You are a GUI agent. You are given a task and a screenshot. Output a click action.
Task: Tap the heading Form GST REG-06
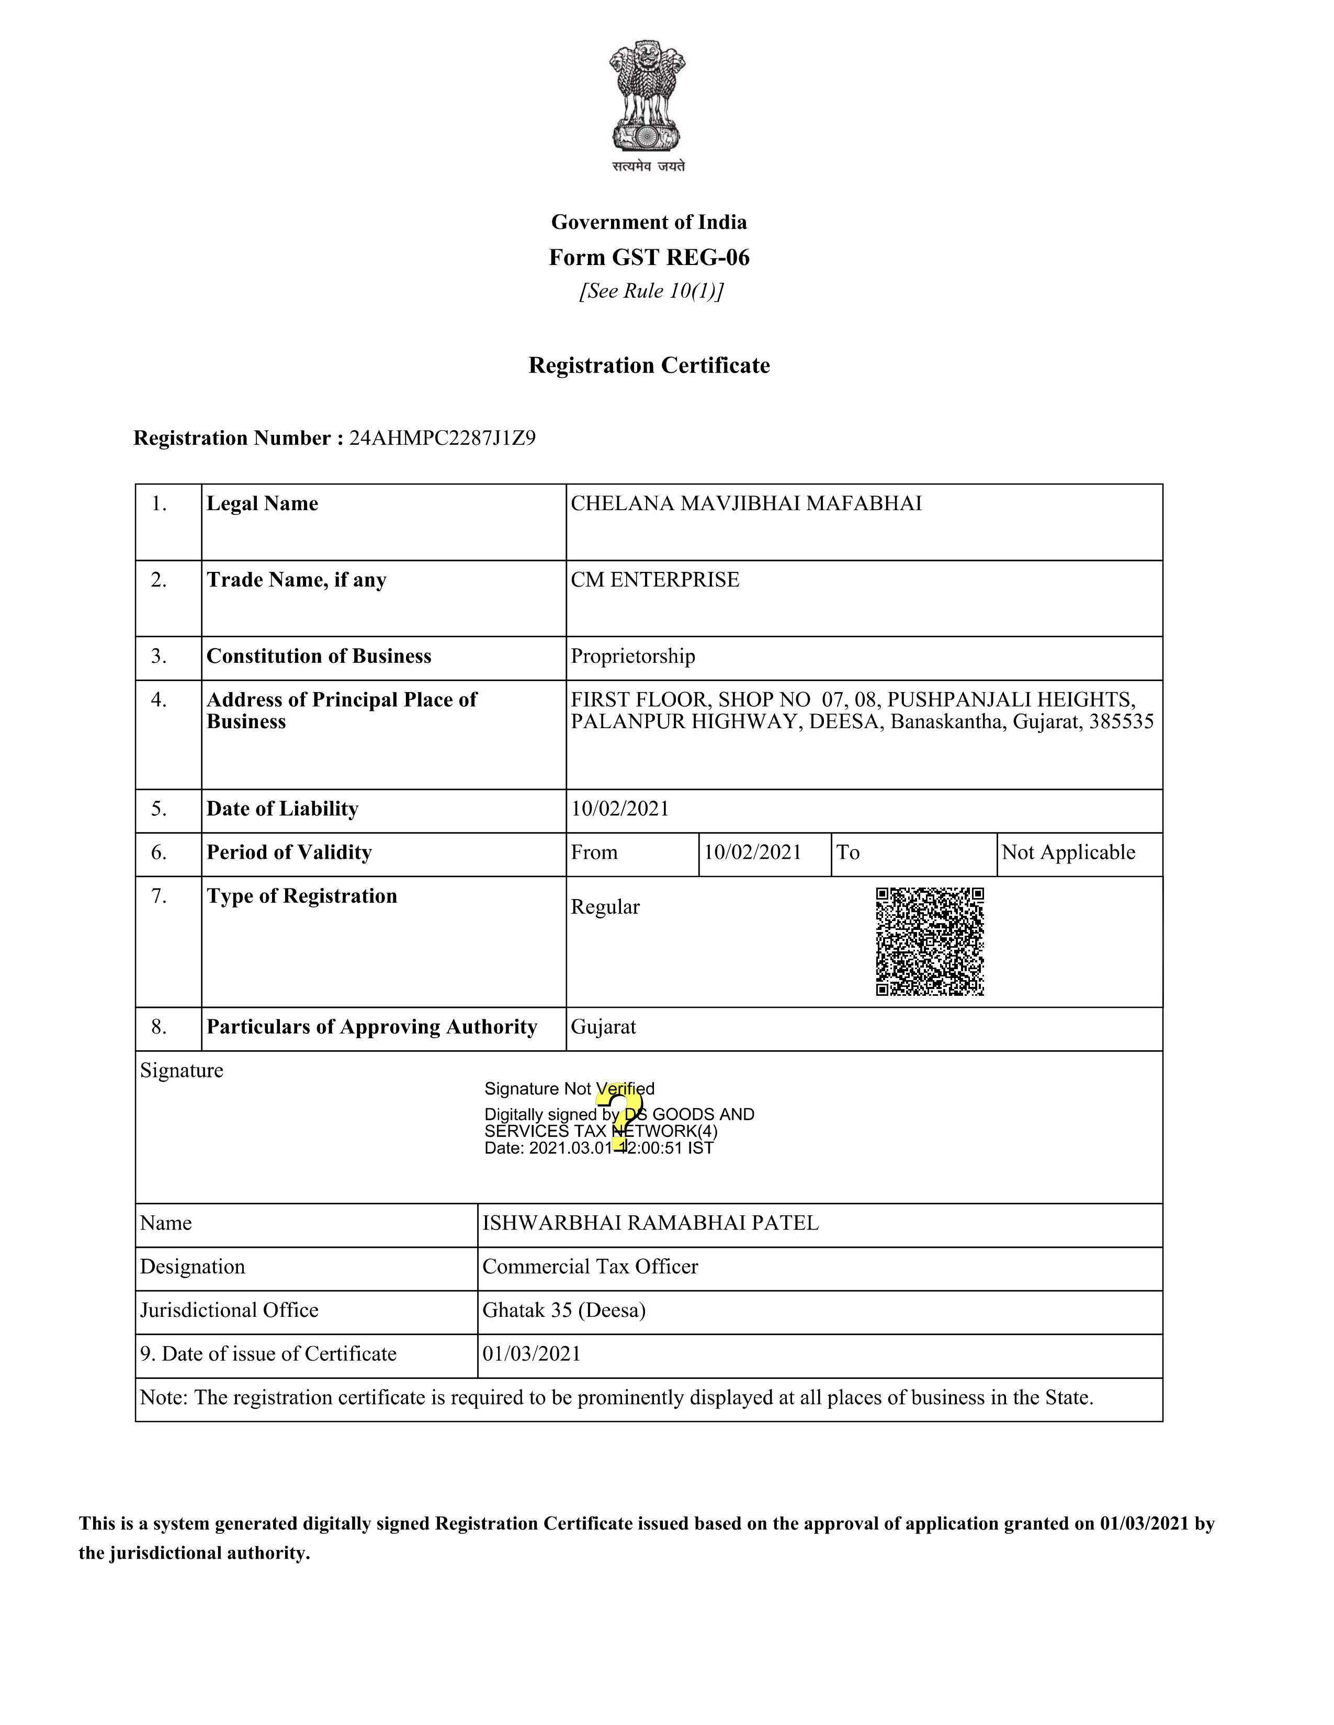pyautogui.click(x=649, y=258)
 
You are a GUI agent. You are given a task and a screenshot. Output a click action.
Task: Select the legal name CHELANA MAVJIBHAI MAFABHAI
pyautogui.click(x=746, y=504)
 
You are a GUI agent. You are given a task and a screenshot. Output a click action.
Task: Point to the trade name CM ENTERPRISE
pyautogui.click(x=655, y=580)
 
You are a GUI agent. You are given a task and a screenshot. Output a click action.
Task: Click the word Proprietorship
pyautogui.click(x=633, y=657)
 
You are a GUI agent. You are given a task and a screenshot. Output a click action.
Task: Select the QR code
pyautogui.click(x=930, y=941)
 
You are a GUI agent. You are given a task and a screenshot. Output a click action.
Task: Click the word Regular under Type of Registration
pyautogui.click(x=605, y=907)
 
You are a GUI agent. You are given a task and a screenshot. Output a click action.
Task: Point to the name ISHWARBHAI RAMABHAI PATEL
pyautogui.click(x=650, y=1224)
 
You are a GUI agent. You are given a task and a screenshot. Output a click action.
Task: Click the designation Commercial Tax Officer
pyautogui.click(x=590, y=1267)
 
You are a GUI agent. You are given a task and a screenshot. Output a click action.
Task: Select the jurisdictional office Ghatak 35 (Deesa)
pyautogui.click(x=564, y=1310)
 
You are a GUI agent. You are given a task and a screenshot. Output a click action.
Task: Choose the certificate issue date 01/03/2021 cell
pyautogui.click(x=532, y=1354)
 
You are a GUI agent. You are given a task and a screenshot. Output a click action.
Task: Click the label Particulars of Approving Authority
pyautogui.click(x=372, y=1027)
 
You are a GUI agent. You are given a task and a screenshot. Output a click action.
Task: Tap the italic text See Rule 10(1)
pyautogui.click(x=651, y=292)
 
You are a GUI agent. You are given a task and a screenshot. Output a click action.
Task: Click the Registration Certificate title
pyautogui.click(x=649, y=366)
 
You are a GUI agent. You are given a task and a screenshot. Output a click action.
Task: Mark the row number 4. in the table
pyautogui.click(x=159, y=700)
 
